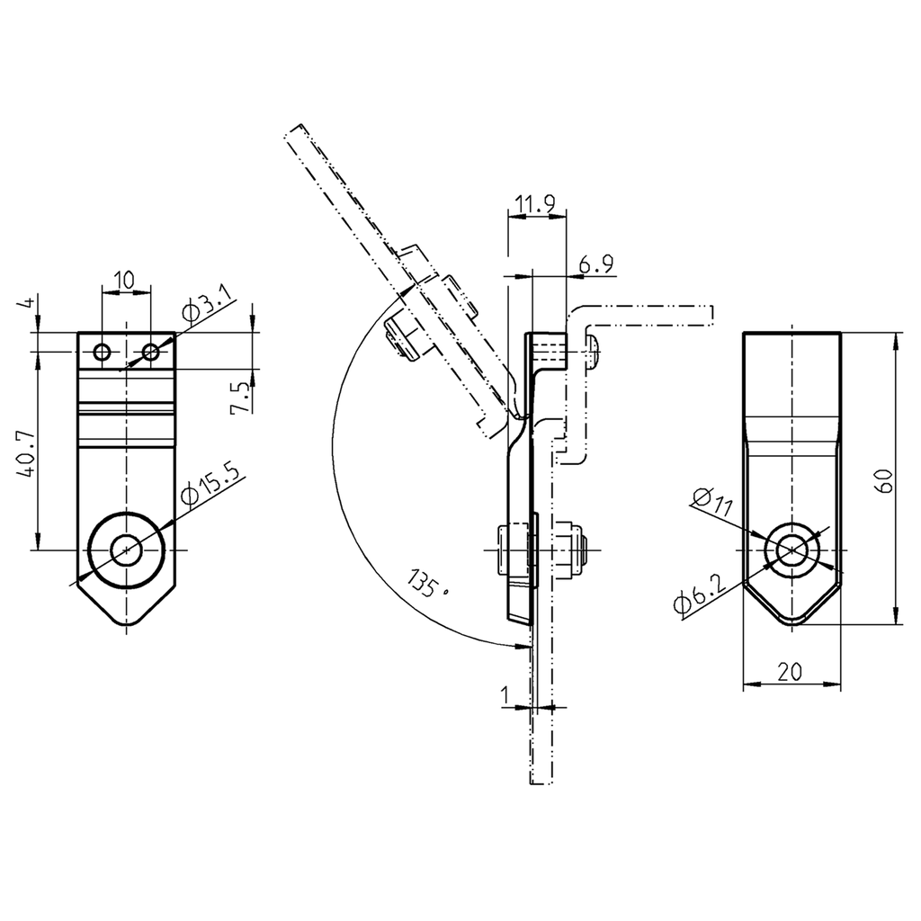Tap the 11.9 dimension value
[x=535, y=206]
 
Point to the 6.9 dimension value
[x=595, y=264]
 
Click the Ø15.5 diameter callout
[x=211, y=482]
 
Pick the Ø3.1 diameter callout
[x=206, y=305]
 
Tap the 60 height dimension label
[x=885, y=478]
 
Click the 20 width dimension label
[x=791, y=671]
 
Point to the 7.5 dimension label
[x=239, y=397]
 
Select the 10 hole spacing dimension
[x=126, y=281]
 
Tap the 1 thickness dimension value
[x=505, y=695]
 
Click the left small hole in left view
[x=103, y=352]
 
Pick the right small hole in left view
[x=151, y=352]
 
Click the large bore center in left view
[x=127, y=550]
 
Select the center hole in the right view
[x=791, y=550]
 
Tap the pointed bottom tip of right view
[x=791, y=621]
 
